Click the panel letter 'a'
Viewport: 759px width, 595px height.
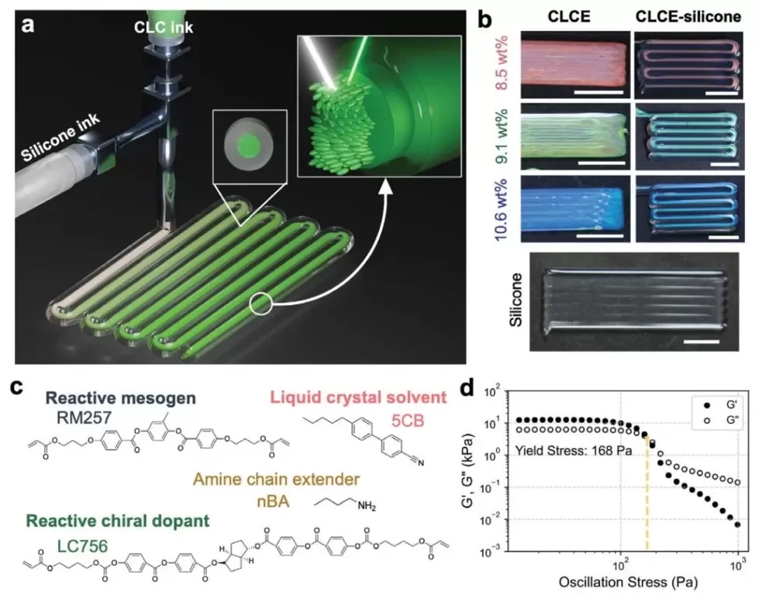coord(29,25)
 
